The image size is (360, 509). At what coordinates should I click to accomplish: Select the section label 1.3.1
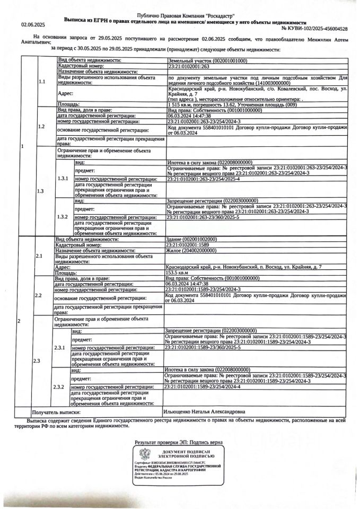[x=63, y=179]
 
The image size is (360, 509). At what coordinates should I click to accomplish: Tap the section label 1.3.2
[x=63, y=217]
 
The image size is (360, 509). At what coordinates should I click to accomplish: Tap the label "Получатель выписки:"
[x=56, y=411]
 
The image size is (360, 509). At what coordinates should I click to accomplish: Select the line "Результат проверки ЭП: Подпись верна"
[x=179, y=442]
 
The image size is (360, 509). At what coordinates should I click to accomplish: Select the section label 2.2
[x=39, y=295]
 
